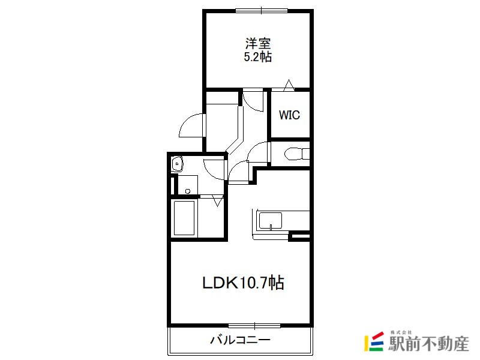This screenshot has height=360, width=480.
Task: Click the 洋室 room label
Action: pyautogui.click(x=258, y=43)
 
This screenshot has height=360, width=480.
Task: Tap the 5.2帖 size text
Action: pyautogui.click(x=258, y=57)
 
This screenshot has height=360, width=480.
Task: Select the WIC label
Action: pyautogui.click(x=289, y=115)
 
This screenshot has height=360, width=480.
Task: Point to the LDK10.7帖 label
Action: pyautogui.click(x=243, y=283)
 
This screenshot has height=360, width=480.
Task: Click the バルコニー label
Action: pyautogui.click(x=241, y=340)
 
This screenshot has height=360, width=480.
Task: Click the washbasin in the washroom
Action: pyautogui.click(x=177, y=164)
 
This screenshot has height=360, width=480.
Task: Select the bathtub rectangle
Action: pyautogui.click(x=184, y=218)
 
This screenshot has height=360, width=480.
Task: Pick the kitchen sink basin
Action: pyautogui.click(x=271, y=221)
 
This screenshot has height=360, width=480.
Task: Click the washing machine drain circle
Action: pyautogui.click(x=188, y=191)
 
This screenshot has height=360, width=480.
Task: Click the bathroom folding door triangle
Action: pyautogui.click(x=218, y=201)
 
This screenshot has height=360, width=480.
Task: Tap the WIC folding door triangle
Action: pyautogui.click(x=289, y=85)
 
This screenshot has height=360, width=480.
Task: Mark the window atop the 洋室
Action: pyautogui.click(x=262, y=10)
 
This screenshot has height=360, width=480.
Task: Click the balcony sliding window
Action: pyautogui.click(x=254, y=326)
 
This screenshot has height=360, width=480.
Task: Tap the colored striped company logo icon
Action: pyautogui.click(x=374, y=341)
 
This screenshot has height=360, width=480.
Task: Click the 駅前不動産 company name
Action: pyautogui.click(x=428, y=343)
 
